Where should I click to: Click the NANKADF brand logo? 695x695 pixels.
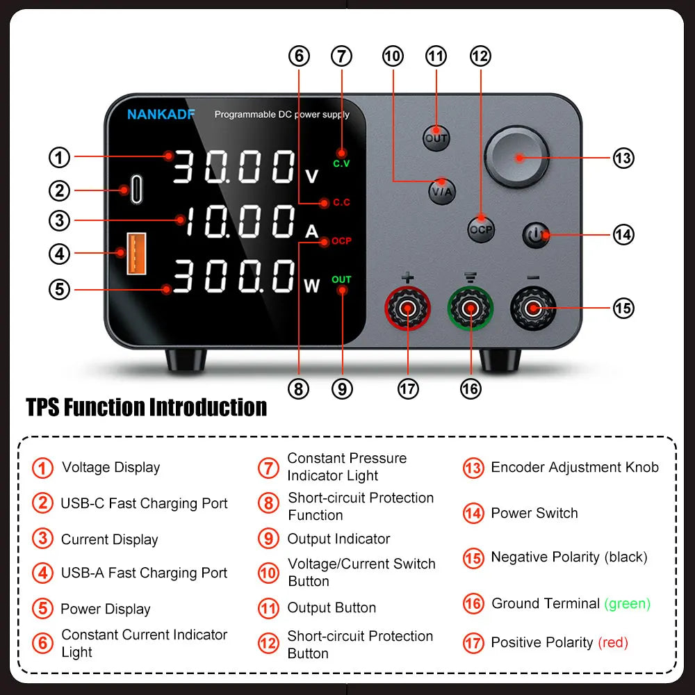(x=161, y=115)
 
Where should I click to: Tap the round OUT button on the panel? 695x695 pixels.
(x=436, y=137)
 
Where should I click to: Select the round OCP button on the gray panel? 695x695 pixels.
(x=480, y=229)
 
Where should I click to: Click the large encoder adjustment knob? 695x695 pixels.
(x=517, y=157)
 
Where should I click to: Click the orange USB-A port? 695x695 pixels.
(x=136, y=254)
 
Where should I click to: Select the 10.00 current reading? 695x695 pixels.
(x=240, y=223)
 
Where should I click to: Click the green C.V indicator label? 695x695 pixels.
(x=341, y=163)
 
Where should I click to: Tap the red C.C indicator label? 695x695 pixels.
(x=341, y=203)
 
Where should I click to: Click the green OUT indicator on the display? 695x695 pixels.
(x=341, y=280)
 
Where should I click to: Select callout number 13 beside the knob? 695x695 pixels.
(x=623, y=158)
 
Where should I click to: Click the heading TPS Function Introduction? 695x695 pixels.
(x=147, y=407)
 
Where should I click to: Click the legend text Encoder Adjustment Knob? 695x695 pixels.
(x=574, y=467)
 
